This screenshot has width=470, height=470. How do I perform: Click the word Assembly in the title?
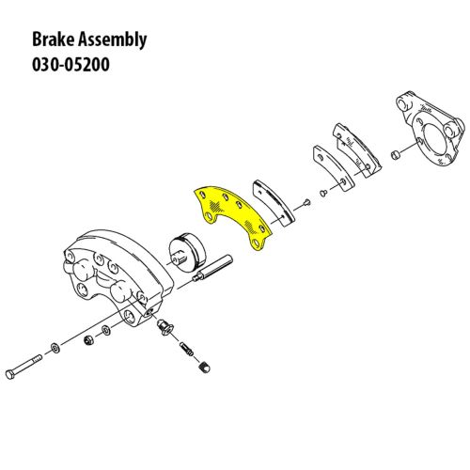tap(112, 40)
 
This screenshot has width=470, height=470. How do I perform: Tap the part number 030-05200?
tap(70, 65)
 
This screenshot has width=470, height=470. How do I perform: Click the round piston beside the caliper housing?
tap(187, 253)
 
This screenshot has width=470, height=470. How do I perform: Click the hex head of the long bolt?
tap(10, 374)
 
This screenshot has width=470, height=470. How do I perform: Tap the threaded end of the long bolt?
tap(36, 360)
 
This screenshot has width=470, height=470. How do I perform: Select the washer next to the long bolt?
tap(55, 348)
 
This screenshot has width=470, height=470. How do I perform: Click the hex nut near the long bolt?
tap(88, 340)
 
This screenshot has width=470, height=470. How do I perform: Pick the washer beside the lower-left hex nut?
tap(104, 330)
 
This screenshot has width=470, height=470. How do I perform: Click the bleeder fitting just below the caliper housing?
tap(165, 327)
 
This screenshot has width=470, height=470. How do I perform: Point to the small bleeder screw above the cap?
tap(186, 349)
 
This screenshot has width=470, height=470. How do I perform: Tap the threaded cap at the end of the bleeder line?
tap(205, 368)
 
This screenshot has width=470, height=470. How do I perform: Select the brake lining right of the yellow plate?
tap(274, 202)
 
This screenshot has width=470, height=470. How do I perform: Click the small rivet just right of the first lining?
tap(306, 203)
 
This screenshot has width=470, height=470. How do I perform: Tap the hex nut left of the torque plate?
tap(395, 154)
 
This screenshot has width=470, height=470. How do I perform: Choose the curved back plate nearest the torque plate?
tap(356, 149)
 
